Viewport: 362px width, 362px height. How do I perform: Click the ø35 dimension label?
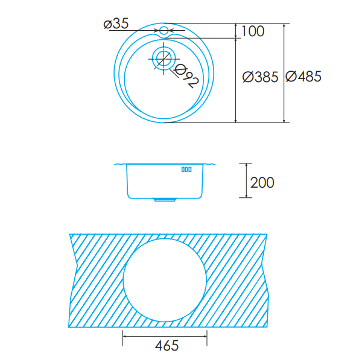click(116, 24)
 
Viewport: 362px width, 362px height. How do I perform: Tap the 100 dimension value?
click(253, 31)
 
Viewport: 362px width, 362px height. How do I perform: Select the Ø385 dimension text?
click(260, 77)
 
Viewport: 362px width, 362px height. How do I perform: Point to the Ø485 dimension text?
click(303, 77)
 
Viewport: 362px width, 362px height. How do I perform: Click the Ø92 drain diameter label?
click(186, 76)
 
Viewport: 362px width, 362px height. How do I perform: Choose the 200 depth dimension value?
click(262, 183)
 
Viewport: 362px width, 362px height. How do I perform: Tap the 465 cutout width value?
click(167, 346)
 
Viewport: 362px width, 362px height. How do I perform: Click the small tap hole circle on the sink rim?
click(164, 30)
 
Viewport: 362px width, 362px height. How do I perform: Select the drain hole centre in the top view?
click(164, 59)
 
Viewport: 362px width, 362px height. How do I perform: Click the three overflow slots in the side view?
click(186, 170)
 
